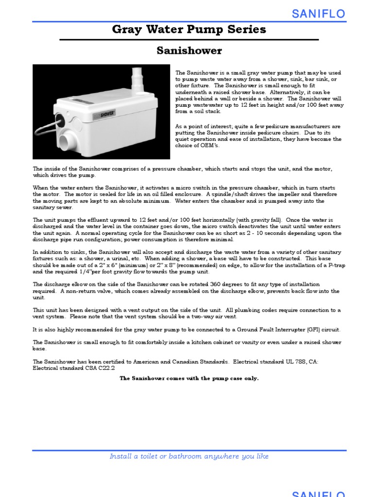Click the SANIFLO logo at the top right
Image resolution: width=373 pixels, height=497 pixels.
click(318, 14)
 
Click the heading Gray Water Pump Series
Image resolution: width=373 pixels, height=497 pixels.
click(189, 30)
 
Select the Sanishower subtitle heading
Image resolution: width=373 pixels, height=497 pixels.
click(189, 51)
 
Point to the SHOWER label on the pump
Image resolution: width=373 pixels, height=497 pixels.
click(107, 115)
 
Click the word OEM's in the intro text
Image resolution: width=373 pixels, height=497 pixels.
click(210, 146)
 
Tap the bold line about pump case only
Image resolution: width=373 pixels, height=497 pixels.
click(189, 379)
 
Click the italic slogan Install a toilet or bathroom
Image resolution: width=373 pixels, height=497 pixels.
click(189, 456)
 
